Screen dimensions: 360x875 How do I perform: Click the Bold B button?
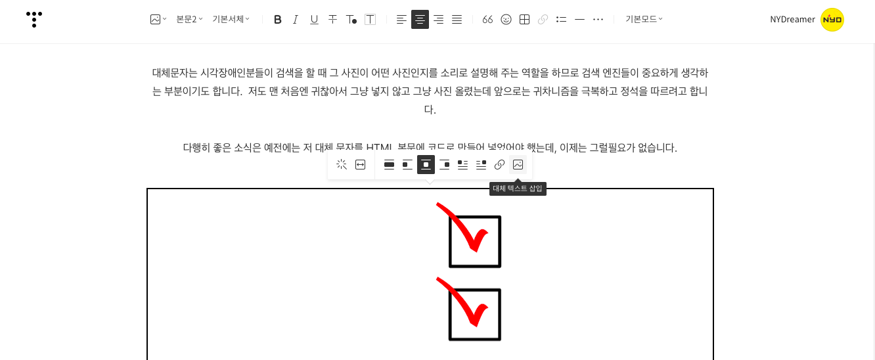[277, 20]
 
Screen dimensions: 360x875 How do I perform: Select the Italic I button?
[296, 20]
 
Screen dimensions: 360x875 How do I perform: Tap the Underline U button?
[314, 20]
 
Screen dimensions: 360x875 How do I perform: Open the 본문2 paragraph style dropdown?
[189, 19]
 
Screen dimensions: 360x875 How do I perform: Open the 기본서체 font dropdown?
[231, 19]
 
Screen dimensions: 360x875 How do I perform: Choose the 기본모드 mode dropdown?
[644, 19]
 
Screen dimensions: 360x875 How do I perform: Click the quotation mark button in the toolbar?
[487, 20]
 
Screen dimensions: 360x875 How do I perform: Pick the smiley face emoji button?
[506, 20]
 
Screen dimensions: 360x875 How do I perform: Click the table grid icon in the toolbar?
[524, 20]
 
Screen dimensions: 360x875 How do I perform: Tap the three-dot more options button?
[598, 20]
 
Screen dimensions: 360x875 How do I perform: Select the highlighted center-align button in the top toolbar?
[420, 20]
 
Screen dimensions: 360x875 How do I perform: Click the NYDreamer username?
[792, 20]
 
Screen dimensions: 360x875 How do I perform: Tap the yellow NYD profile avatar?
[832, 20]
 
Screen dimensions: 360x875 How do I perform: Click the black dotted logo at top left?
[34, 19]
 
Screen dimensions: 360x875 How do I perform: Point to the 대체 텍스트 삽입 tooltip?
[518, 189]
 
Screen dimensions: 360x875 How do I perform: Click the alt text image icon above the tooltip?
[518, 165]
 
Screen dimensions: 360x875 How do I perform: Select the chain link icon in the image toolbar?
[499, 165]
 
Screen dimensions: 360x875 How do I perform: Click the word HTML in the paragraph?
[379, 148]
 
